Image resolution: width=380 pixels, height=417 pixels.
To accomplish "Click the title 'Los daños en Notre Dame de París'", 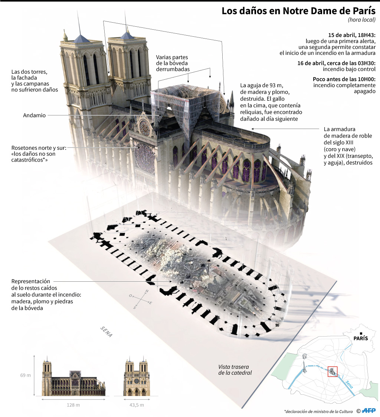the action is coord(298,11).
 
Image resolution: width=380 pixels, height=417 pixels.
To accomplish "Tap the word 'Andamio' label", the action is coord(35,115).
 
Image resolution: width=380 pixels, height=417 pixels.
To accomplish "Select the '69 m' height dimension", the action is coord(26,375).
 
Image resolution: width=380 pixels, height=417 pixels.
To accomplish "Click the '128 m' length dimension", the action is coord(73,405).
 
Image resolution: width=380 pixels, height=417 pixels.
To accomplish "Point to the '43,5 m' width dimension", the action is coord(137,405).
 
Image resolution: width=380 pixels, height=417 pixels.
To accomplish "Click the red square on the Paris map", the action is coord(332,371).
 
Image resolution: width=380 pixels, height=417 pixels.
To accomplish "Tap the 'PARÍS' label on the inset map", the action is coord(361,338).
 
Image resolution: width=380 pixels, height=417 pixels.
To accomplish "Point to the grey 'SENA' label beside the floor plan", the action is coord(106,332).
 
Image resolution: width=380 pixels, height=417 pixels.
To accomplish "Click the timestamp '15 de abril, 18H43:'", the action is coord(352,35).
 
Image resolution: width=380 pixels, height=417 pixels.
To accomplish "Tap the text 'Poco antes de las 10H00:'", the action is coord(344,79).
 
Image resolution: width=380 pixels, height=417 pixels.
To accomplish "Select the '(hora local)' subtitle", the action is coord(361,20).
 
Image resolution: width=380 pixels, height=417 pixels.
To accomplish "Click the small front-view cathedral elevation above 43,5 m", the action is coord(137,376).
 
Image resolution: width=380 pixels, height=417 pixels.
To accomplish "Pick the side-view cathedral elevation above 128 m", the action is coord(73,376).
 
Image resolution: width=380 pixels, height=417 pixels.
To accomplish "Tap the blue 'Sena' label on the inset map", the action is coord(349,384).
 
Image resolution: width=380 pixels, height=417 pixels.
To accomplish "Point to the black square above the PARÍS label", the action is coord(361,333).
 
